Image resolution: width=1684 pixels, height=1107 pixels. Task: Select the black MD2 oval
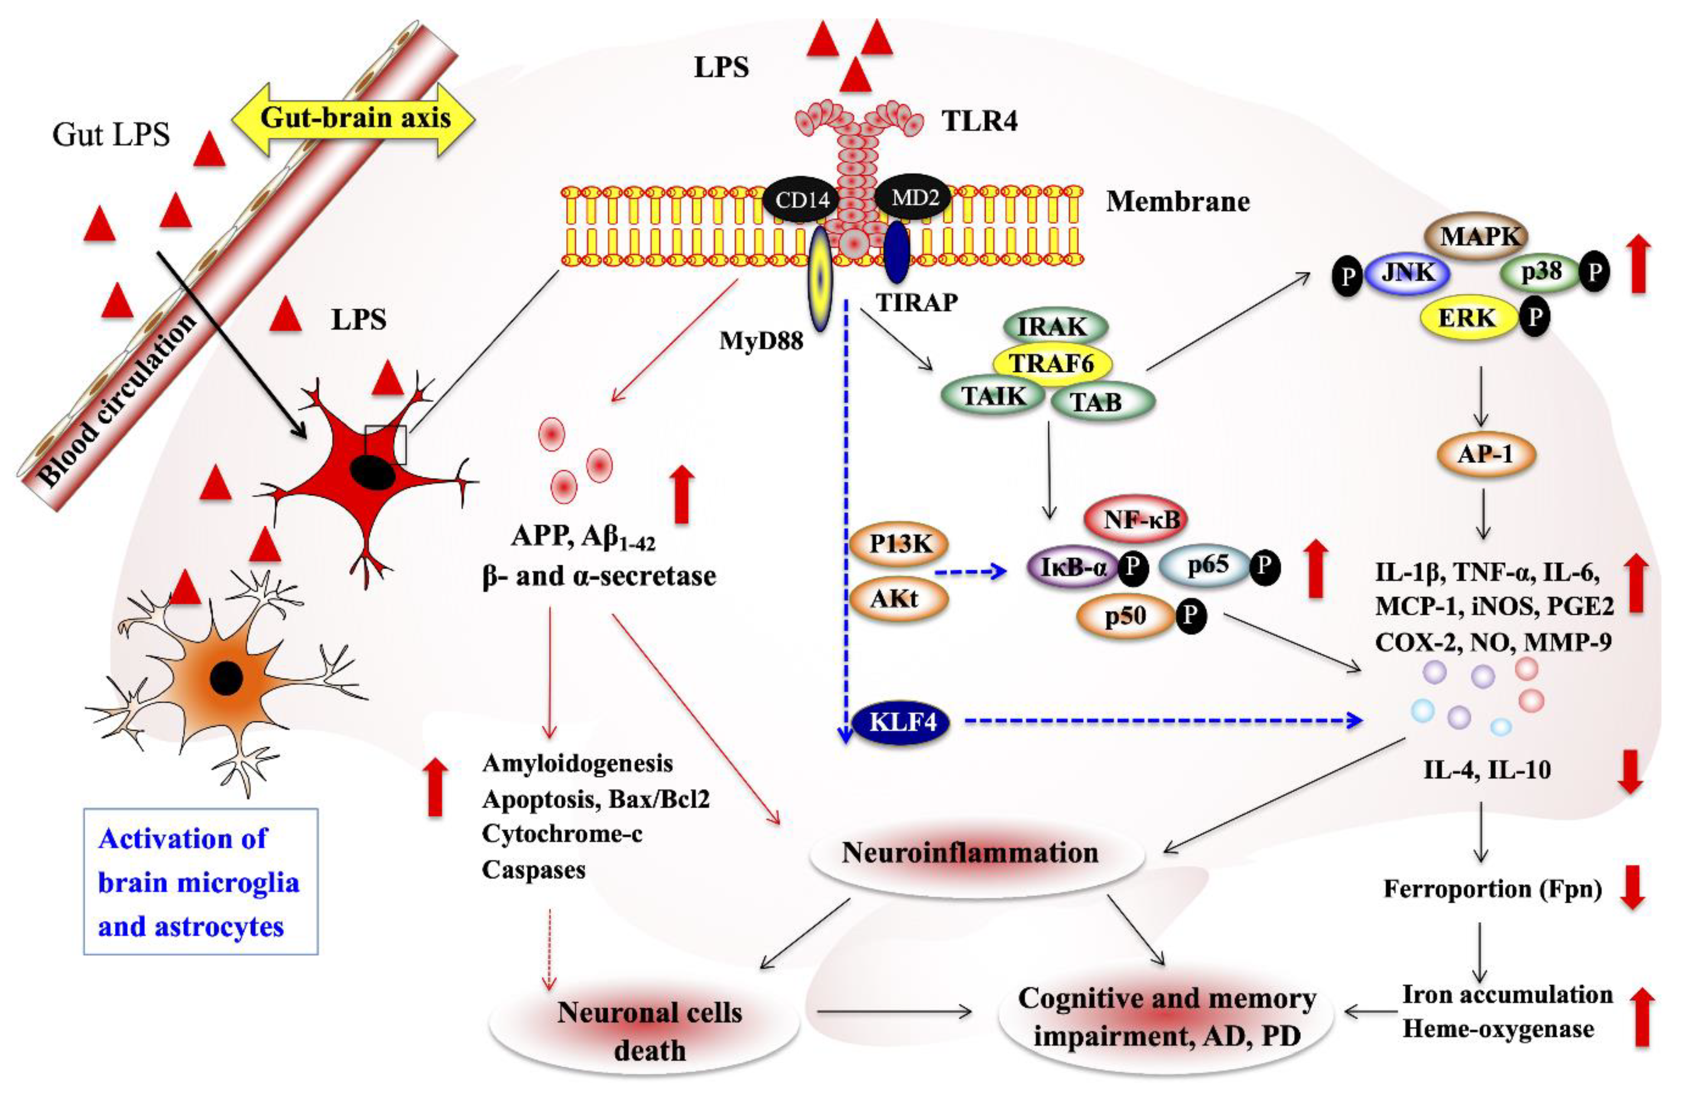(x=915, y=198)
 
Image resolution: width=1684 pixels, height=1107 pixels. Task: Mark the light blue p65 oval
(x=1208, y=566)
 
